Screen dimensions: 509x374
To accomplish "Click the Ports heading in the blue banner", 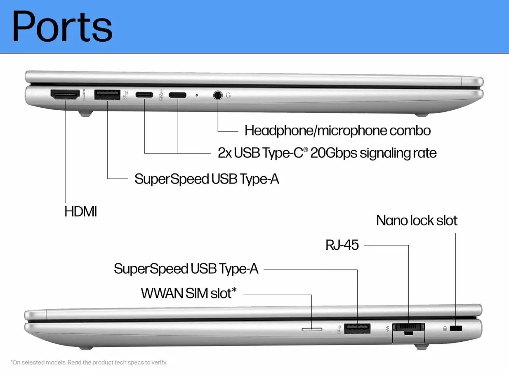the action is pos(62,26).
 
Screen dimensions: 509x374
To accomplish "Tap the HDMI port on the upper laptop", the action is pos(65,95).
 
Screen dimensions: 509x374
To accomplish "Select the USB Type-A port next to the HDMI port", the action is pos(107,95).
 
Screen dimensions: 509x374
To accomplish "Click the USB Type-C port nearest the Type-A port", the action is pos(144,95).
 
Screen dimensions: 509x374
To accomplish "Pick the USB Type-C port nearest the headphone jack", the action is pos(177,95).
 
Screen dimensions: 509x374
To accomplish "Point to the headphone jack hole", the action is pos(218,95).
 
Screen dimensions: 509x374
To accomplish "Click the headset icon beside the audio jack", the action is pos(229,95).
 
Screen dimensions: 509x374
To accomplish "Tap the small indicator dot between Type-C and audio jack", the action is pos(197,95).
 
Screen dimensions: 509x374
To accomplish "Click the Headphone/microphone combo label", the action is pos(337,131).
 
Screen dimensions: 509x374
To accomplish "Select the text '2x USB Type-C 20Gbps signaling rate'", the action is pos(327,153).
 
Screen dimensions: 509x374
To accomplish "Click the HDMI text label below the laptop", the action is pos(81,212).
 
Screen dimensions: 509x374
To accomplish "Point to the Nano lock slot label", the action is pos(417,220).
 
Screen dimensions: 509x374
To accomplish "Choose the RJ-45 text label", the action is pos(342,245).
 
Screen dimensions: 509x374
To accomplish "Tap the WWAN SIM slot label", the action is pos(189,293).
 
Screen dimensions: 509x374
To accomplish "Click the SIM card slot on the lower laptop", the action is pos(312,329).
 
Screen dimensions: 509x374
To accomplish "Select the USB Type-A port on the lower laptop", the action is pos(357,329).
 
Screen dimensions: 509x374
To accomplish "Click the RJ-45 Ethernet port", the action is pos(409,332).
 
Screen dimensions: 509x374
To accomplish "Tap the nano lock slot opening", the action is pos(456,329).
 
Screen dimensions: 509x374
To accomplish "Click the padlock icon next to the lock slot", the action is pos(445,329).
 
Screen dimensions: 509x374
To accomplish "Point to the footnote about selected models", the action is pos(89,362).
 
